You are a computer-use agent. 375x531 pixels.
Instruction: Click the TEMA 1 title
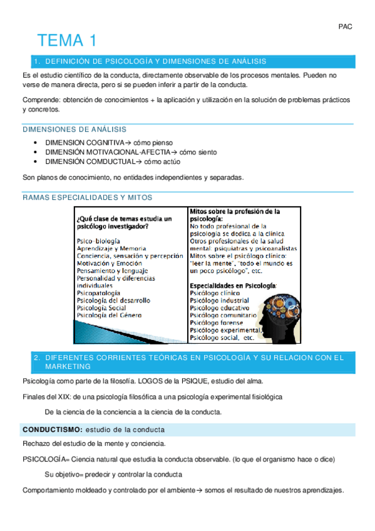68,41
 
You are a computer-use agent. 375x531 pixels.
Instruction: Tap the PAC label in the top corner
345,27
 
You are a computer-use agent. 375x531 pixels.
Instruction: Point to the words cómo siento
198,152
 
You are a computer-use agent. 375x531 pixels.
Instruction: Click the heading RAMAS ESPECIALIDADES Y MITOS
87,197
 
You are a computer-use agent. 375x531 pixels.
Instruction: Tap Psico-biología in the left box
99,240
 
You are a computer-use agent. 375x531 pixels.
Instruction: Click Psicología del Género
109,316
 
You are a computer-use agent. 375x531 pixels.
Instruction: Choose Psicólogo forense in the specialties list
216,322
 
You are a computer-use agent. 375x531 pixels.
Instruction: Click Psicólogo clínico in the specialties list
214,292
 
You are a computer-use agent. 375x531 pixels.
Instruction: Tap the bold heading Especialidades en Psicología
233,285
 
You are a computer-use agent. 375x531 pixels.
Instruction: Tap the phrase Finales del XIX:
46,397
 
